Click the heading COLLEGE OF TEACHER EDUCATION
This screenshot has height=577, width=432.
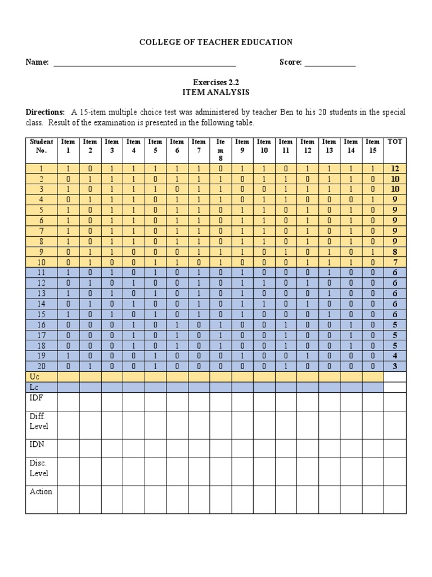(x=216, y=42)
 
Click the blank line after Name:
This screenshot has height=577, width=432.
(x=144, y=63)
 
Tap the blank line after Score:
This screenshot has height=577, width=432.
(x=330, y=63)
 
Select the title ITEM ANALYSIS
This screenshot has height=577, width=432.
(x=216, y=92)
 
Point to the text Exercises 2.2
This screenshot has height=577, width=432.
(x=216, y=82)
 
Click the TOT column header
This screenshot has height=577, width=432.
(x=394, y=142)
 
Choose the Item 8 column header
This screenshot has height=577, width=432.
(x=220, y=150)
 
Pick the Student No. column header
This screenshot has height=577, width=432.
(x=41, y=147)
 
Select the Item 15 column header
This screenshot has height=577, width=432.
(x=372, y=147)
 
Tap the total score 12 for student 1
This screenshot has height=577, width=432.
(x=394, y=168)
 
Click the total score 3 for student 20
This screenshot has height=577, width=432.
(x=394, y=366)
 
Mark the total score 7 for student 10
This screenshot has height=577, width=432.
(x=394, y=263)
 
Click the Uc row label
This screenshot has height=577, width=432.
(x=34, y=376)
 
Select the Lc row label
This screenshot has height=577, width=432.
(x=34, y=387)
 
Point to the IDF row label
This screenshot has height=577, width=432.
(x=37, y=398)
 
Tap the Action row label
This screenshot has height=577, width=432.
(x=40, y=491)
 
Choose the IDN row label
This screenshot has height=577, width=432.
(x=37, y=445)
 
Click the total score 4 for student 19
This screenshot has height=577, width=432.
(x=394, y=356)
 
